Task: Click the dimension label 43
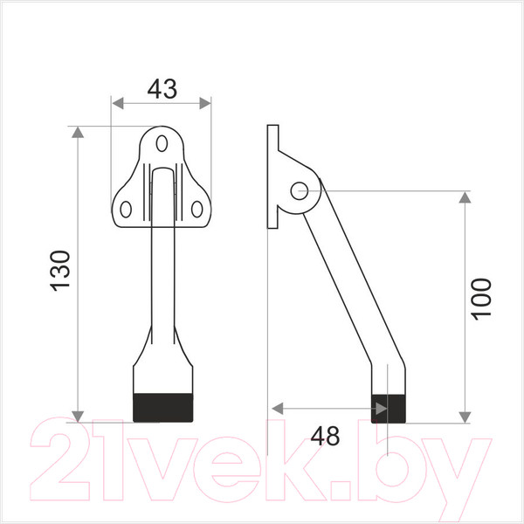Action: (162, 89)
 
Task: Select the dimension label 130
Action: (60, 271)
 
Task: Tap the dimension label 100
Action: (481, 299)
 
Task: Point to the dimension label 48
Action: (325, 436)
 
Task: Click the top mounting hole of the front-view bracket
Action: (162, 143)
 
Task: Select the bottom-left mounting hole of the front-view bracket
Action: (126, 210)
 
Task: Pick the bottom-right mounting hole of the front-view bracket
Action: (196, 210)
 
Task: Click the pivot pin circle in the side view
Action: (299, 190)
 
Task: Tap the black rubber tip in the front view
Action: (163, 408)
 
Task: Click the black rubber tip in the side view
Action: (389, 409)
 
